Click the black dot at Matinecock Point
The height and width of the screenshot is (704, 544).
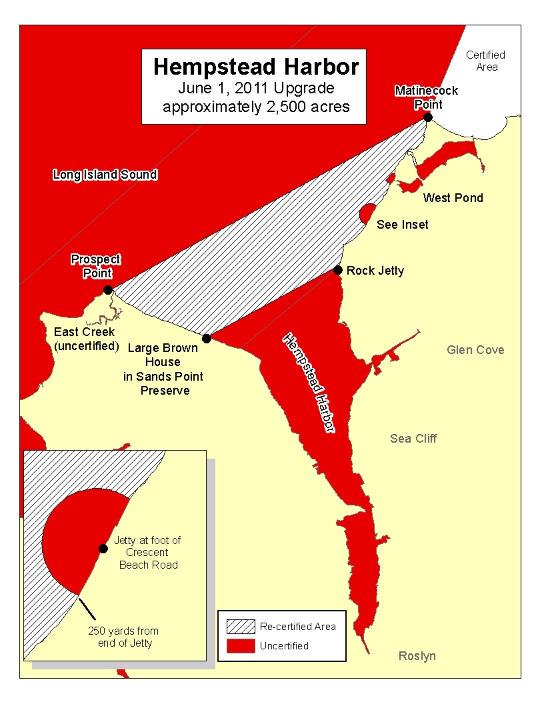428,117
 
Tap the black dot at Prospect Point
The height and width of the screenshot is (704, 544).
108,290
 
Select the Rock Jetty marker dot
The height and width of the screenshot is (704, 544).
338,270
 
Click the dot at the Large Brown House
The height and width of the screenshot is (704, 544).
207,339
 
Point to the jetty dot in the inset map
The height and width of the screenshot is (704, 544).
103,549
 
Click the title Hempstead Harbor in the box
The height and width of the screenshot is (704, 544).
256,67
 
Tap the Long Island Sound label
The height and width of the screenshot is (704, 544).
105,175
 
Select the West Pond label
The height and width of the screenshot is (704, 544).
453,198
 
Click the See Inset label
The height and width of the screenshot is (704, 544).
403,225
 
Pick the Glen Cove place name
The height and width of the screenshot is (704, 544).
475,350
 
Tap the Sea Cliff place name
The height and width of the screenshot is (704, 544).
413,438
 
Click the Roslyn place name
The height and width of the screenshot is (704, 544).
417,656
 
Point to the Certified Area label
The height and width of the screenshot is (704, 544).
485,61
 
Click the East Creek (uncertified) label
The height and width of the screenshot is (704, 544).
85,339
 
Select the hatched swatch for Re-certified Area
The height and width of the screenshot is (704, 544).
241,627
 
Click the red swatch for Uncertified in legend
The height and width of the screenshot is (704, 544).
241,645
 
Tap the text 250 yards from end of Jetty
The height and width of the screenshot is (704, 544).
123,637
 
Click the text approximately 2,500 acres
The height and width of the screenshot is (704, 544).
256,107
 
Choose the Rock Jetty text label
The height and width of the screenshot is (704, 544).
375,271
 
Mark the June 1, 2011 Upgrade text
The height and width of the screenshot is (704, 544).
256,88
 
